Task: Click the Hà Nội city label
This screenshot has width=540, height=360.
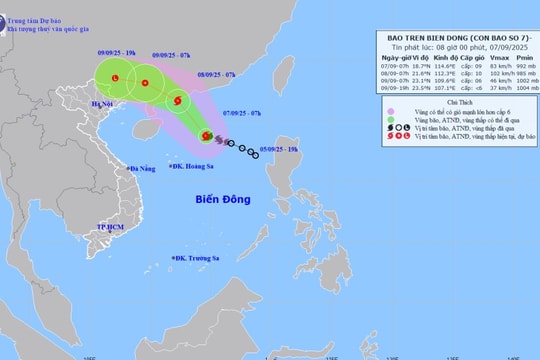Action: tap(102, 103)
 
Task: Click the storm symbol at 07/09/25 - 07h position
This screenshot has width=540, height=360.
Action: tap(206, 136)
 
